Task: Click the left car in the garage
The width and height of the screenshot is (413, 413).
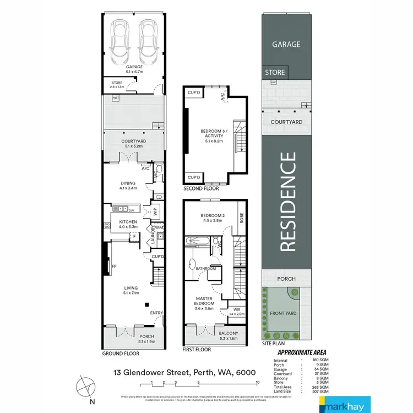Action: pos(120,42)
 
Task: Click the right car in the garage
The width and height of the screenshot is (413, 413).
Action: pos(148,42)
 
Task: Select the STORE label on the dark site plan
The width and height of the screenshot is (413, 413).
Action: pos(275,72)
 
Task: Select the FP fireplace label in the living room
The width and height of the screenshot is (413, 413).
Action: pos(114,267)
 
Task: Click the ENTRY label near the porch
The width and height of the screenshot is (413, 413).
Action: pos(157,313)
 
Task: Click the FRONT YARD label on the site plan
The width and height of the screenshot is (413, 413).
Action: pos(282,313)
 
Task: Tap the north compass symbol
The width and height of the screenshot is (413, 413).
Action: pos(87,384)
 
